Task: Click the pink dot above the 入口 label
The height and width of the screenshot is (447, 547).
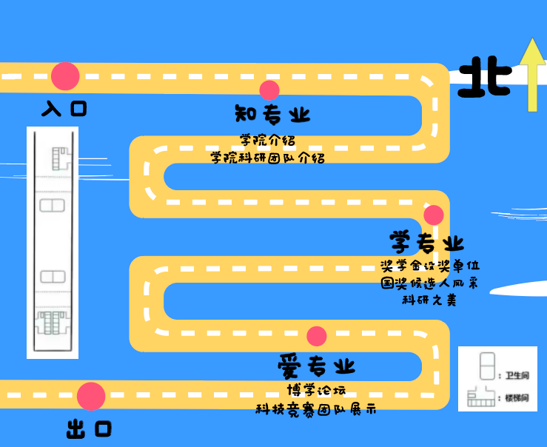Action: (x=65, y=76)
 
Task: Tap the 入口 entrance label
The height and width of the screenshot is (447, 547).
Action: (x=64, y=110)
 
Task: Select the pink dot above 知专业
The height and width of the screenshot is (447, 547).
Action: (x=269, y=90)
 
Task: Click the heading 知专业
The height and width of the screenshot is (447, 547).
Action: (x=272, y=115)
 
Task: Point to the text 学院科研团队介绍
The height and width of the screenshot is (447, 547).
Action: (x=267, y=158)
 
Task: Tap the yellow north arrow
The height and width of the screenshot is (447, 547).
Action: (x=531, y=74)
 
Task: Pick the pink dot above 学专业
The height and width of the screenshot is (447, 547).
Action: (x=434, y=215)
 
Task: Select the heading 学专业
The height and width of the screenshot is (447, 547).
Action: (x=427, y=242)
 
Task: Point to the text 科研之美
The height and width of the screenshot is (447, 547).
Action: (x=429, y=300)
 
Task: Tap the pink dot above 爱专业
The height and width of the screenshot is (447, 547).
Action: (x=317, y=336)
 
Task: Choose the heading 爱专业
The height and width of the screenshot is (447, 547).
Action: (x=317, y=365)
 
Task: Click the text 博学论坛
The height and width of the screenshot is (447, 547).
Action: (x=316, y=390)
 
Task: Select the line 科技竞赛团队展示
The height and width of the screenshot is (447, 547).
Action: (x=316, y=409)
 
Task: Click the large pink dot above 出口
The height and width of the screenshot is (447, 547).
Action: (x=91, y=397)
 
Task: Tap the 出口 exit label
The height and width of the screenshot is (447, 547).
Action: (x=89, y=428)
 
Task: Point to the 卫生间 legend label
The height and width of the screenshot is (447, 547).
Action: (x=517, y=376)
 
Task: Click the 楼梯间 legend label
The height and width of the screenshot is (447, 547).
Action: (x=517, y=398)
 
